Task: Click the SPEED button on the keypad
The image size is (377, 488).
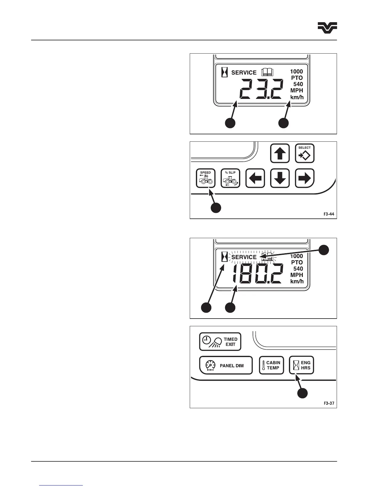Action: pos(205,178)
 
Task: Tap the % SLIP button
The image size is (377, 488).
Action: pos(230,178)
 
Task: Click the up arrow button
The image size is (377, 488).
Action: pos(280,153)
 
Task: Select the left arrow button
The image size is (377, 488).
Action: pos(255,178)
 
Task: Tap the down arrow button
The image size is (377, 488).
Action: pos(280,178)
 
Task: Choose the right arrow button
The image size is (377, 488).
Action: pos(305,178)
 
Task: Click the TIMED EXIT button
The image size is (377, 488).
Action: pos(220,342)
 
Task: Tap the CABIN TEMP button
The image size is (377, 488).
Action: pos(271,365)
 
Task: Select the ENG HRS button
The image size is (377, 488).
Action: pos(302,365)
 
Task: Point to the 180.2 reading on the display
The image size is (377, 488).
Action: pos(257,274)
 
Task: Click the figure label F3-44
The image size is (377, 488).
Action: pos(329,214)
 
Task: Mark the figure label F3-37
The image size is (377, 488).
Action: pos(329,403)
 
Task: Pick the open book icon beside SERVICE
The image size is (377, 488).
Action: pos(267,72)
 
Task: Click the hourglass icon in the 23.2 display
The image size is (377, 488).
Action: pos(225,73)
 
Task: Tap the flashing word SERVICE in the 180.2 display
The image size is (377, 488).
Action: pos(244,257)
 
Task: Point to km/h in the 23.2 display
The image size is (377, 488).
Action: pos(297,97)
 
